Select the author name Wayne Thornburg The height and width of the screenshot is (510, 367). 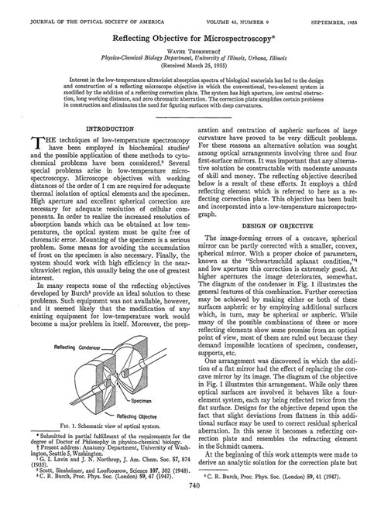184,38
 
